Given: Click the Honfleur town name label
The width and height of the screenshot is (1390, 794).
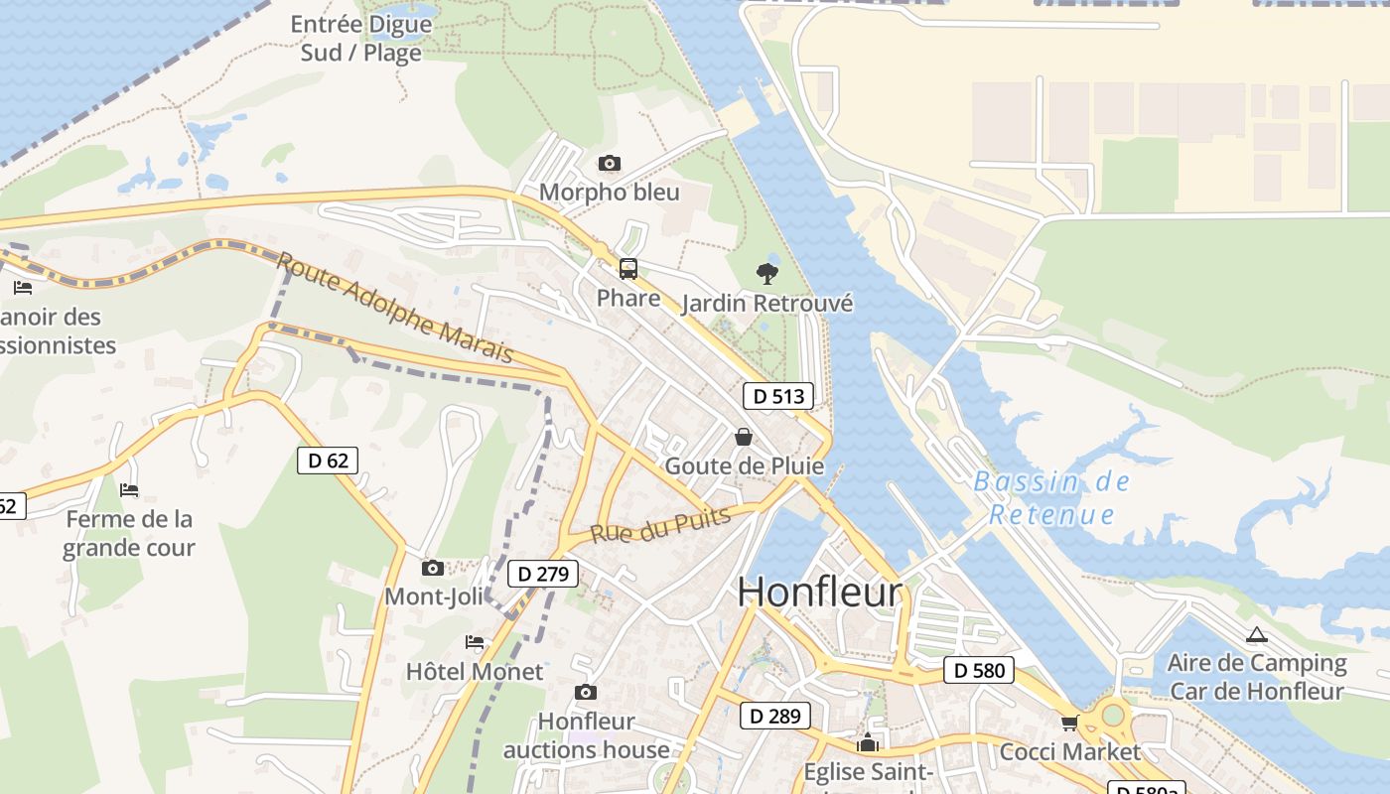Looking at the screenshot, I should click(820, 593).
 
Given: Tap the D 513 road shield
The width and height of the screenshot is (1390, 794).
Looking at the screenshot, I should click(778, 396).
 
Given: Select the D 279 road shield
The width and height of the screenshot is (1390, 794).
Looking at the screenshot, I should click(542, 574).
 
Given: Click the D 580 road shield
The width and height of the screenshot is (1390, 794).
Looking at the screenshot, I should click(979, 670).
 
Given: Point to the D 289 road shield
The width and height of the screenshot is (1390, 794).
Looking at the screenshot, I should click(775, 716).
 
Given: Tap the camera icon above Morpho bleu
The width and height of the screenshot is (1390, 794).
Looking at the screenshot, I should click(610, 163).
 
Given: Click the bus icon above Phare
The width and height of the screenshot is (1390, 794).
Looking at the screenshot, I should click(628, 268).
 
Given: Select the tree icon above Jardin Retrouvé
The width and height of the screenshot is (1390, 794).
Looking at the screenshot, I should click(766, 273).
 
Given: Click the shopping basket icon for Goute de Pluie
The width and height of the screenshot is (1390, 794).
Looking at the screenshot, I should click(743, 437).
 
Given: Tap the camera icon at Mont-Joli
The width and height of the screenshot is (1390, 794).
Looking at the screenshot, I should click(432, 568).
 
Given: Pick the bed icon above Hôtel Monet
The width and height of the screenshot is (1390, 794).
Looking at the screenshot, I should click(475, 642).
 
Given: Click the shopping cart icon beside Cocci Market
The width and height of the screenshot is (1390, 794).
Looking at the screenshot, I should click(1069, 723).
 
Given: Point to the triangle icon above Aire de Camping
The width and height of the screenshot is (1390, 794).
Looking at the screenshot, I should click(1257, 634).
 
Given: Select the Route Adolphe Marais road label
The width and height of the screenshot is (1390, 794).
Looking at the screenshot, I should click(394, 307).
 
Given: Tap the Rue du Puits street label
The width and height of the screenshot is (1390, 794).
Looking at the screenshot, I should click(660, 525).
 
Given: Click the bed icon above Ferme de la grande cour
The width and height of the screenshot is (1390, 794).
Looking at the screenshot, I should click(129, 489).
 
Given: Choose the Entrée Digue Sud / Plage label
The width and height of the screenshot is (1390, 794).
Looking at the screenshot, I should click(361, 38).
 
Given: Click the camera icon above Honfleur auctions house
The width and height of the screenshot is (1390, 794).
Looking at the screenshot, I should click(586, 692).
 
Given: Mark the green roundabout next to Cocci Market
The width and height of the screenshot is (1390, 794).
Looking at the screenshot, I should click(1113, 714).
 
